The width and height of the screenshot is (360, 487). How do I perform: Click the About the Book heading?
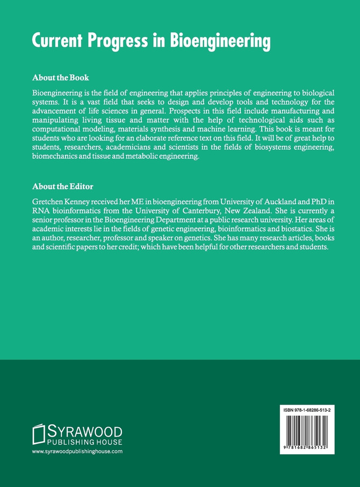[60, 77]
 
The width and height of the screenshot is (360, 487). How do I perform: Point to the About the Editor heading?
[62, 186]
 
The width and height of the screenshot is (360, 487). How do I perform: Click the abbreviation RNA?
[41, 210]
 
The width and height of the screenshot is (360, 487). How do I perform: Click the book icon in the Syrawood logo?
[39, 434]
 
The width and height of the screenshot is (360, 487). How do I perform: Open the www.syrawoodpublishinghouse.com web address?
[77, 452]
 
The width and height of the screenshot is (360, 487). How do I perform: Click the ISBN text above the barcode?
[307, 410]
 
